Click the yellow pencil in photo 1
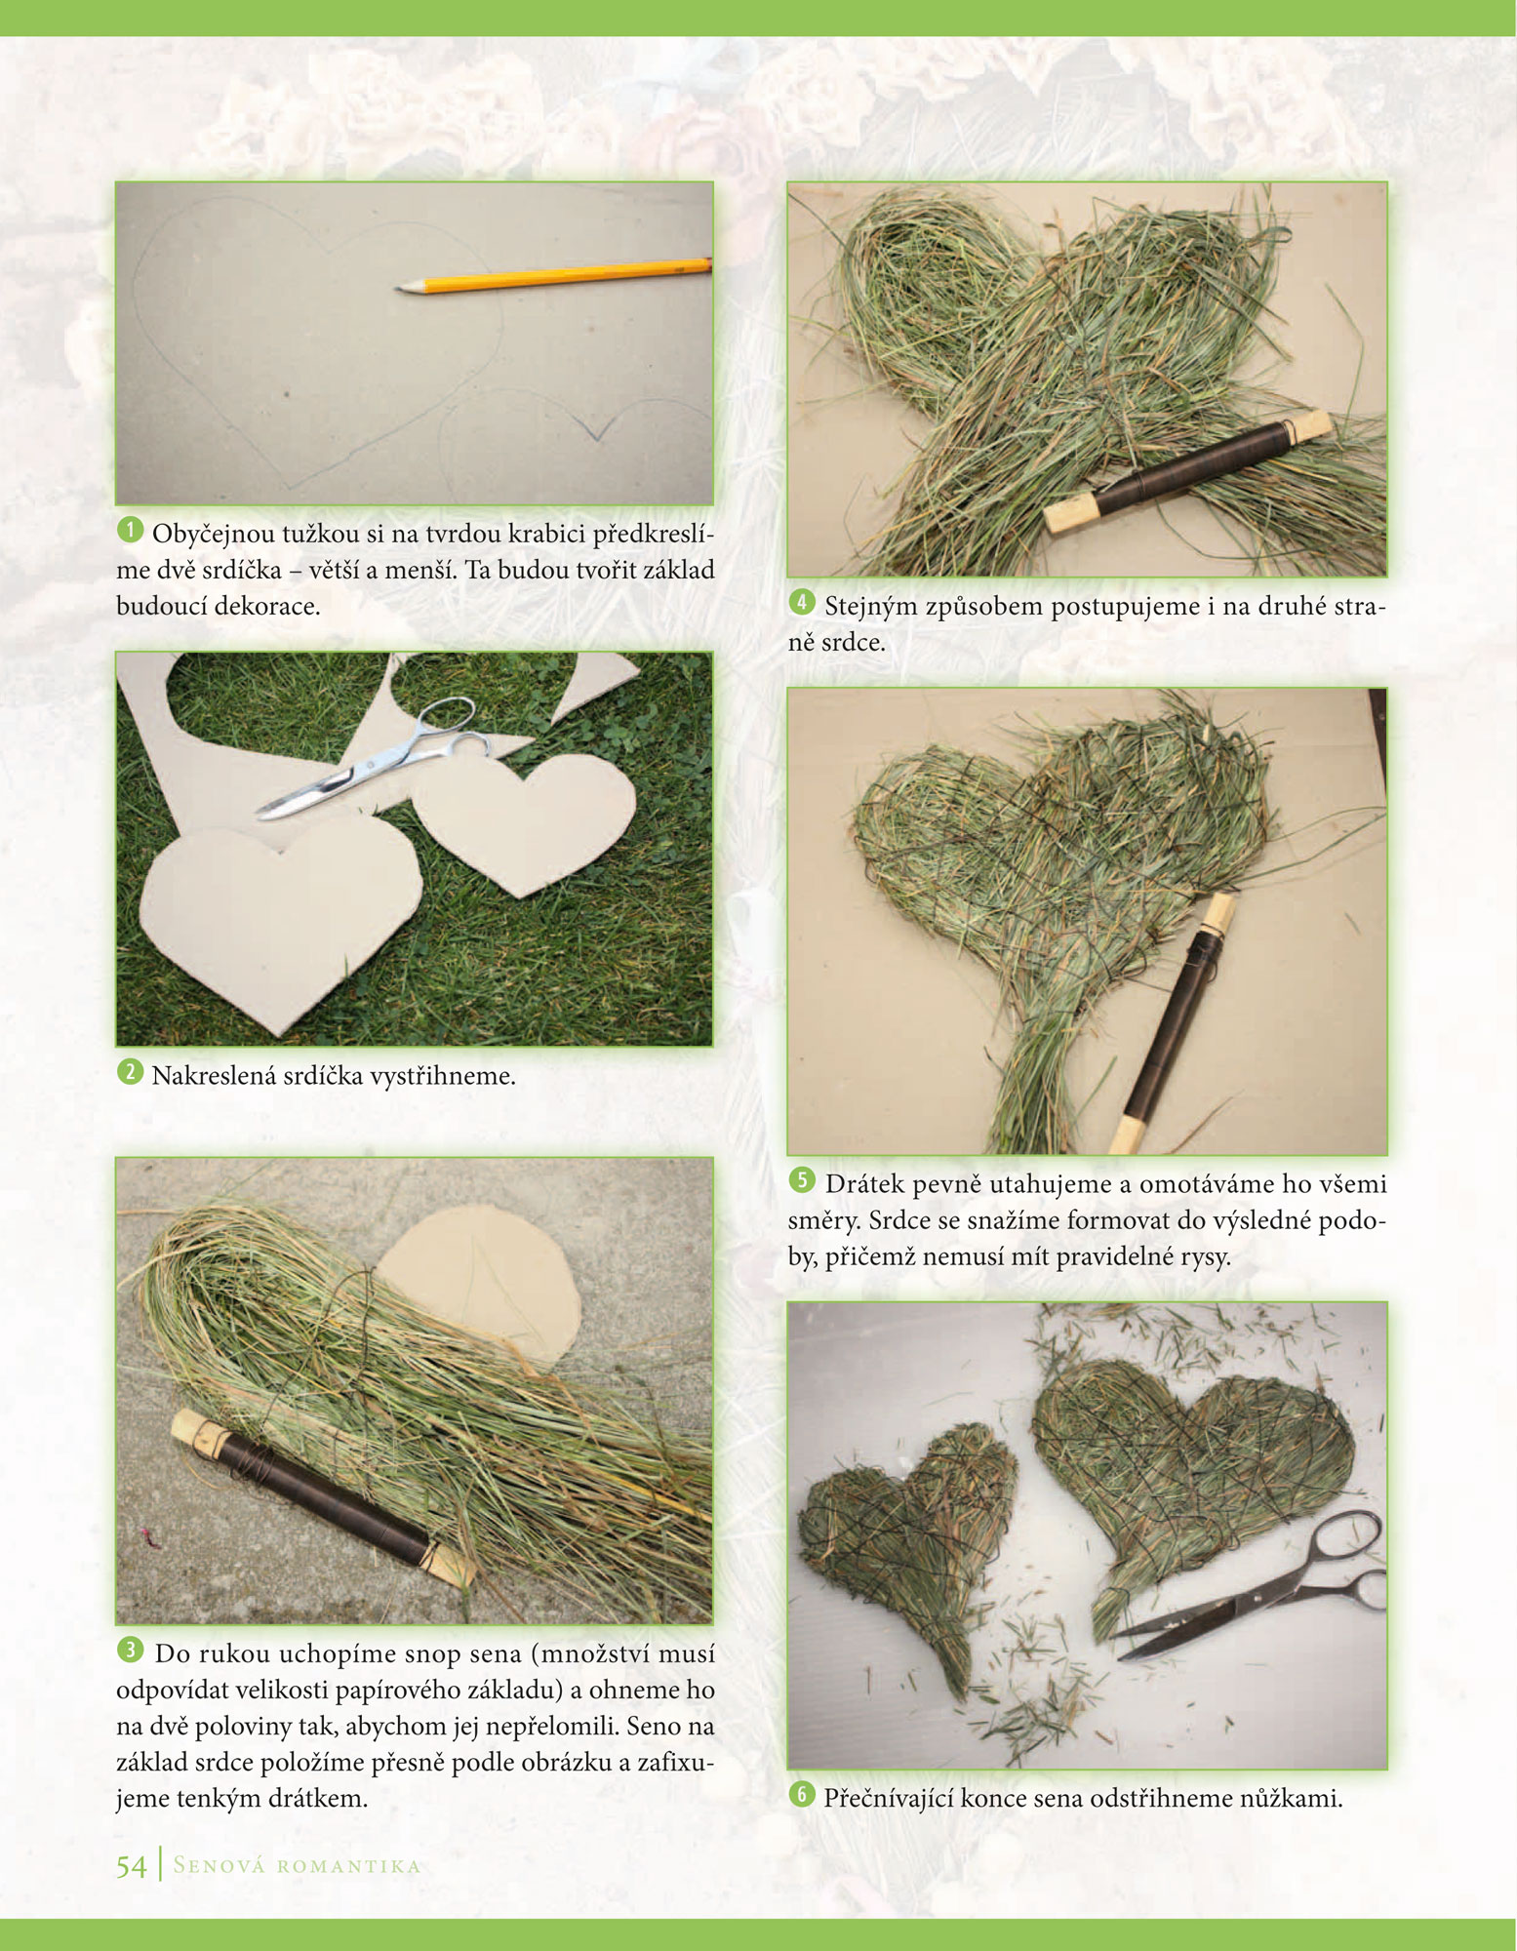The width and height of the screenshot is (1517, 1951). (x=554, y=275)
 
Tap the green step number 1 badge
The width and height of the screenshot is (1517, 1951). (x=130, y=531)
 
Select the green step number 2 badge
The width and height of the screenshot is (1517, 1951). (x=130, y=1072)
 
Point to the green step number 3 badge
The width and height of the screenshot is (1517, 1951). (x=130, y=1650)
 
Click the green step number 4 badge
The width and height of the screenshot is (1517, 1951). (x=802, y=602)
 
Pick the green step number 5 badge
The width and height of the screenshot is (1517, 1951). (x=802, y=1180)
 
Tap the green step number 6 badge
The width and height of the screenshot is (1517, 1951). (x=802, y=1794)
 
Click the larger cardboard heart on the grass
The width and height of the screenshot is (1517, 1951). (x=281, y=917)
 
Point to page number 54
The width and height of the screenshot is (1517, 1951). (x=131, y=1866)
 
